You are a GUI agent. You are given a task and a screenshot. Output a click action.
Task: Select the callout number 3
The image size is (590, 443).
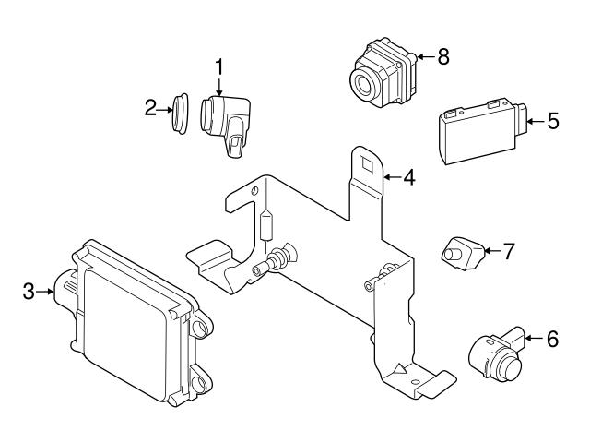(x=29, y=292)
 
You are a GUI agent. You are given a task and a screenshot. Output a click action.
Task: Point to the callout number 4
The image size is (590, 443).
(x=408, y=175)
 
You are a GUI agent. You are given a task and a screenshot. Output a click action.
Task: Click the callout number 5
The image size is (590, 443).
(x=553, y=121)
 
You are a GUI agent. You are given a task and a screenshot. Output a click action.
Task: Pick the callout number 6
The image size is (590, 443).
(x=552, y=340)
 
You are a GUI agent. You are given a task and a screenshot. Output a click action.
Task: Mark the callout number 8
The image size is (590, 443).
(x=443, y=57)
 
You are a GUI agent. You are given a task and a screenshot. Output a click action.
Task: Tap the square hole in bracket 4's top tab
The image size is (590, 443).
(x=365, y=167)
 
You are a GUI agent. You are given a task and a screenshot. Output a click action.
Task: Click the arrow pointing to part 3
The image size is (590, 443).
(x=46, y=292)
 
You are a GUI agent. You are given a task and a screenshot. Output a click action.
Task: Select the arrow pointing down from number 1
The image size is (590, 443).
(x=219, y=85)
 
